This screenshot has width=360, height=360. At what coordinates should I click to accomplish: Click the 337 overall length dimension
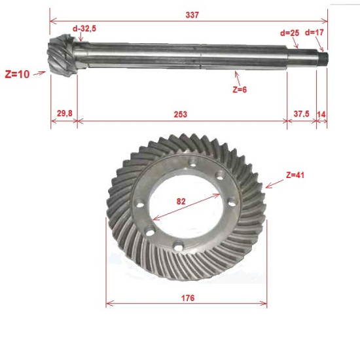[x=192, y=15]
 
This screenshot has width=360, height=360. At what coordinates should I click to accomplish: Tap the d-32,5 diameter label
[x=84, y=29]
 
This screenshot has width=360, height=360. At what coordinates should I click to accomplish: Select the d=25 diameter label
[x=290, y=33]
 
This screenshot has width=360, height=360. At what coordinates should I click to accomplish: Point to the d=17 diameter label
[x=314, y=32]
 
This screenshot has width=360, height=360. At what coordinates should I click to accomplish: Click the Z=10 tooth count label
[x=18, y=74]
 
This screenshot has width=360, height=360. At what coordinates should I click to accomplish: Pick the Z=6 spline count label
[x=240, y=90]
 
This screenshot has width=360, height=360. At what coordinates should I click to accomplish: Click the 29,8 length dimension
[x=65, y=113]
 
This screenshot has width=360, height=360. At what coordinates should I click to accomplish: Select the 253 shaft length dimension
[x=181, y=114]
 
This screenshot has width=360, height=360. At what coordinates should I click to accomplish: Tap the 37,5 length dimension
[x=302, y=113]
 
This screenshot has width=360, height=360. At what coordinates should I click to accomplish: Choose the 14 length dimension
[x=321, y=114]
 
